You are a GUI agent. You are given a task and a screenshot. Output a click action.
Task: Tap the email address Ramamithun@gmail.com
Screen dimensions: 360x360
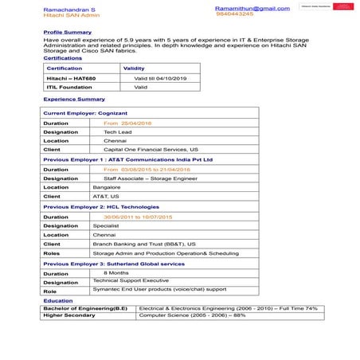(x=252, y=7)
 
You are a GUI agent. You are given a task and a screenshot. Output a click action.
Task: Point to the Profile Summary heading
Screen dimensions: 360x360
(x=67, y=32)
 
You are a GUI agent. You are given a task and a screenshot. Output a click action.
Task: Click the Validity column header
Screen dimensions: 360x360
(x=134, y=68)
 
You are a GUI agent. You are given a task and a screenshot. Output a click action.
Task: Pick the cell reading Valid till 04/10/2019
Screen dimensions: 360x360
(x=159, y=78)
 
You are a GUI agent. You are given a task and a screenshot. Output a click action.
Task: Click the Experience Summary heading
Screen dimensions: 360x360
(x=74, y=99)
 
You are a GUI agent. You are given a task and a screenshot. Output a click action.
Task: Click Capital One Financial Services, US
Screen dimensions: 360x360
(x=151, y=150)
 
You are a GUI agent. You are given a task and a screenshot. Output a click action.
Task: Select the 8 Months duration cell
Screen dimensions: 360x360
(x=116, y=272)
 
